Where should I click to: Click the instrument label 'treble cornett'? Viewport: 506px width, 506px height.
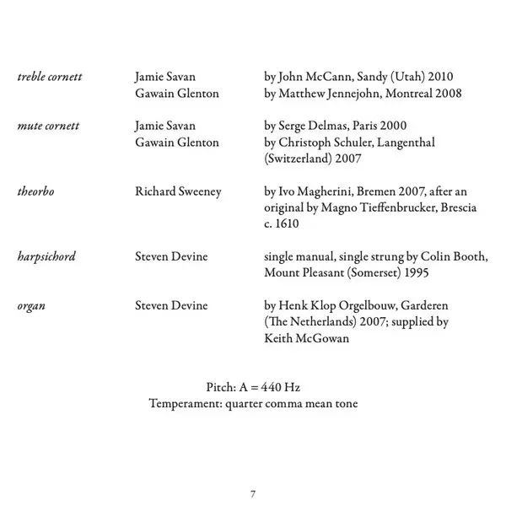pyautogui.click(x=50, y=78)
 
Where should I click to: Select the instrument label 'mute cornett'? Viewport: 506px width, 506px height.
pyautogui.click(x=48, y=126)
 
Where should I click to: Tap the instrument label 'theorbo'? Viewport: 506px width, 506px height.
pyautogui.click(x=35, y=191)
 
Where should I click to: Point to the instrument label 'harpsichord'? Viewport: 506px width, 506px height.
pyautogui.click(x=46, y=256)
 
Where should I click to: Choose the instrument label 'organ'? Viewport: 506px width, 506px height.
pyautogui.click(x=31, y=305)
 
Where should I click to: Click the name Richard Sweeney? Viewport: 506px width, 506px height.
pyautogui.click(x=178, y=191)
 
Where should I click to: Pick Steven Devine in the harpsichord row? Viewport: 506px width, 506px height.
pyautogui.click(x=171, y=256)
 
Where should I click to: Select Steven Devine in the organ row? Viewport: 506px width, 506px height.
pyautogui.click(x=171, y=305)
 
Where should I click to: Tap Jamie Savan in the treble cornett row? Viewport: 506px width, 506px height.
pyautogui.click(x=165, y=78)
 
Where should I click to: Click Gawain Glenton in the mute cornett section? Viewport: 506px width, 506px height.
pyautogui.click(x=177, y=143)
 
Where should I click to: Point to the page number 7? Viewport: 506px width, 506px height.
pyautogui.click(x=253, y=493)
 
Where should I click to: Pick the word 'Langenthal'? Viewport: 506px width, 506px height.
pyautogui.click(x=406, y=143)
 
